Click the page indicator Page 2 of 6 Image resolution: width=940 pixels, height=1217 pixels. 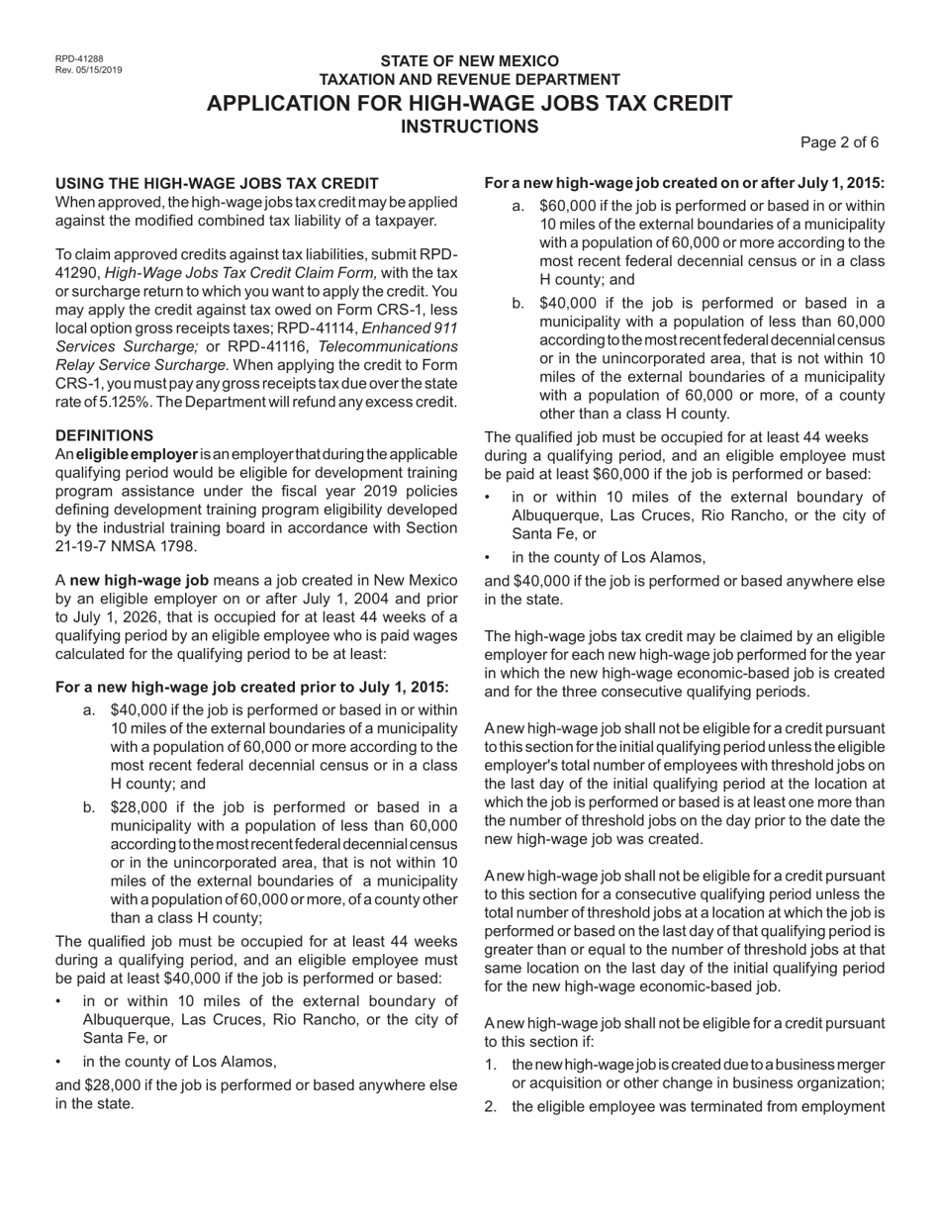tap(839, 142)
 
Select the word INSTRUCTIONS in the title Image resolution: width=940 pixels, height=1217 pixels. tap(470, 127)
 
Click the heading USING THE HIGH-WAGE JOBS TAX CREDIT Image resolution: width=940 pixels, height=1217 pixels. tap(217, 183)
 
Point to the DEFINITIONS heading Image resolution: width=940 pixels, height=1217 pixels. tap(104, 435)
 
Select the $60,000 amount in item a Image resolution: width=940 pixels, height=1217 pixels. tap(574, 206)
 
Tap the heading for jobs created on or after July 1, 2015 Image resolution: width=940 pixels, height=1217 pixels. tap(685, 183)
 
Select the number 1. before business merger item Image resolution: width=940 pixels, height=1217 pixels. tap(492, 1064)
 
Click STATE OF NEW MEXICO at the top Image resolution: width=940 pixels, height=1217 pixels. tap(470, 61)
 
